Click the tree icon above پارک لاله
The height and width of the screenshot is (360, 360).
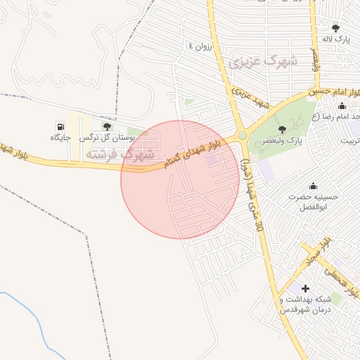[336, 28]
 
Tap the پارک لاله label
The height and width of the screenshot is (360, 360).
[336, 41]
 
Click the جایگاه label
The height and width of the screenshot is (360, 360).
[60, 139]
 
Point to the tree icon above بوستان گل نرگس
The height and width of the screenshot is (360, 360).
[107, 127]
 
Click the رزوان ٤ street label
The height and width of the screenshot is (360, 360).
[200, 46]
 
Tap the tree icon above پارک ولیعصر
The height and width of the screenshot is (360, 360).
[282, 129]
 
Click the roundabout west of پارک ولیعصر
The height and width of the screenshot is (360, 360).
[243, 135]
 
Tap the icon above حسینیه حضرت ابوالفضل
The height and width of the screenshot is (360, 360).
[313, 186]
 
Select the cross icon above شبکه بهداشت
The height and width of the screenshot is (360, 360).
[305, 288]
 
